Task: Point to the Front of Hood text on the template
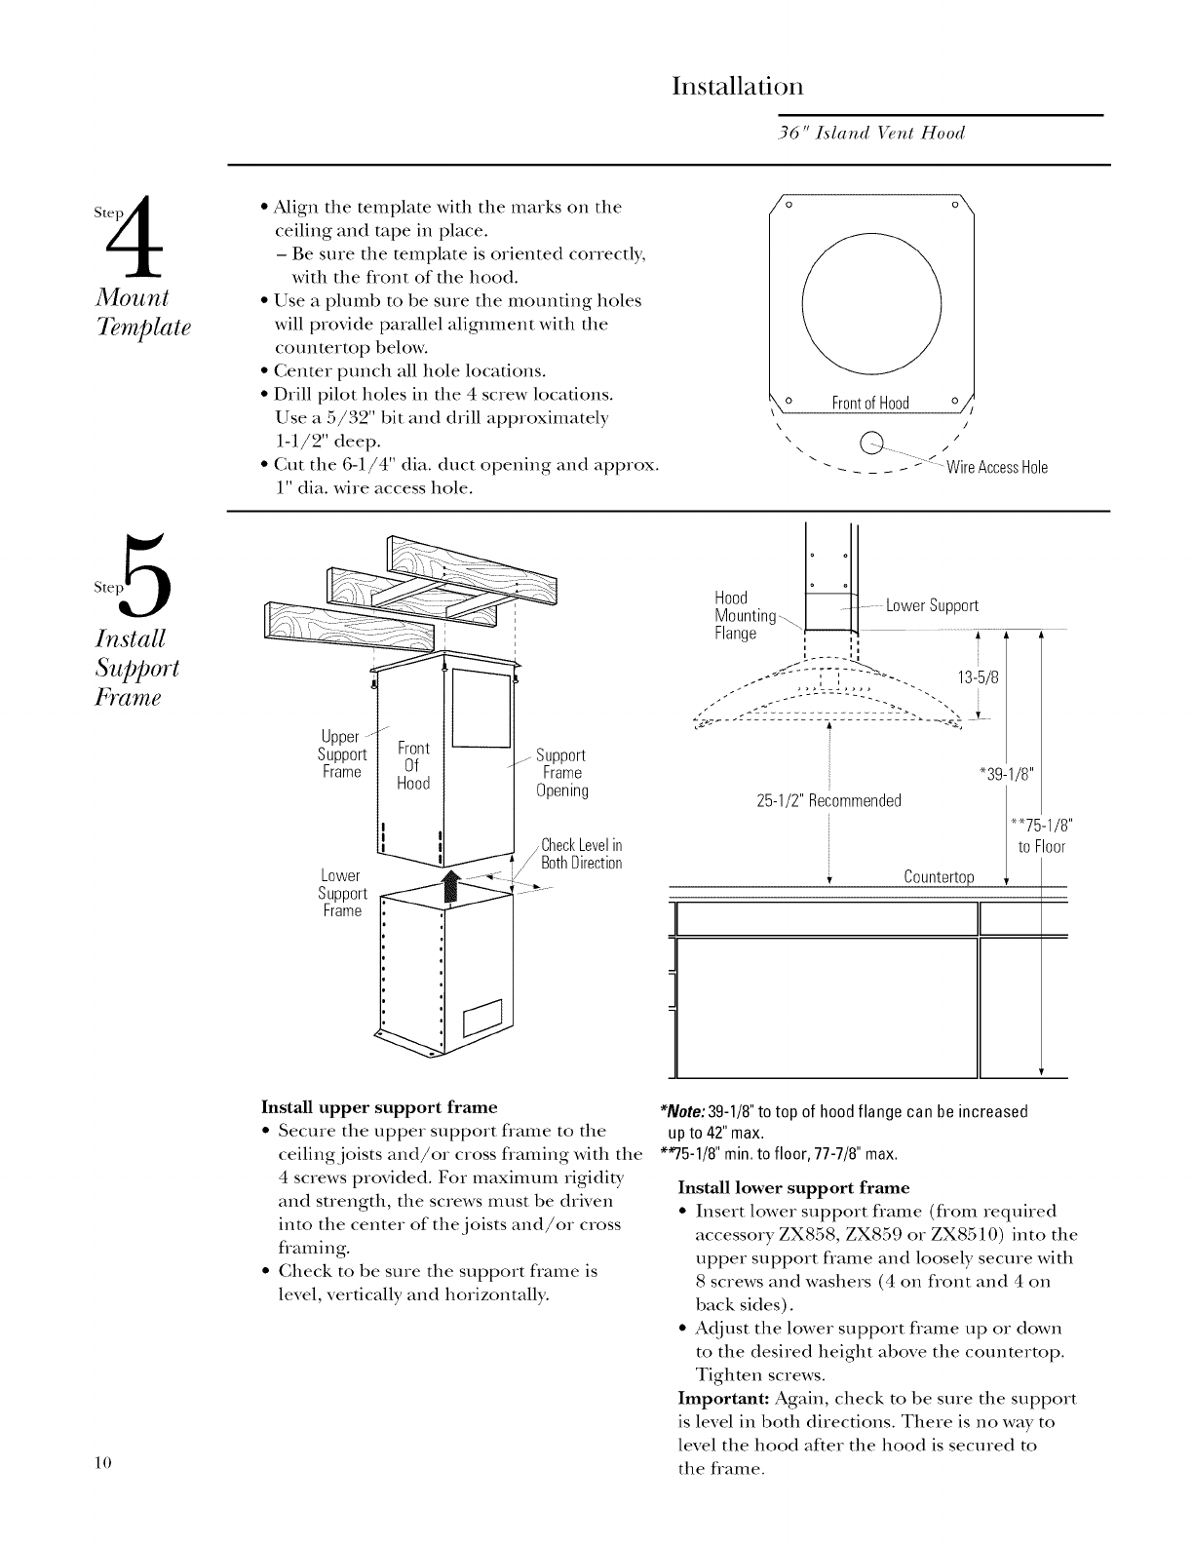pos(869,404)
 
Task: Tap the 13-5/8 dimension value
pos(981,677)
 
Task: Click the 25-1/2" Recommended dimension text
pos(828,801)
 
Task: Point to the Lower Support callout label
pos(932,606)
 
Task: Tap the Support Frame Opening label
pos(562,773)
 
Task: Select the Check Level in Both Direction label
pos(581,854)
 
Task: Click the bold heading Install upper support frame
pos(379,1107)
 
